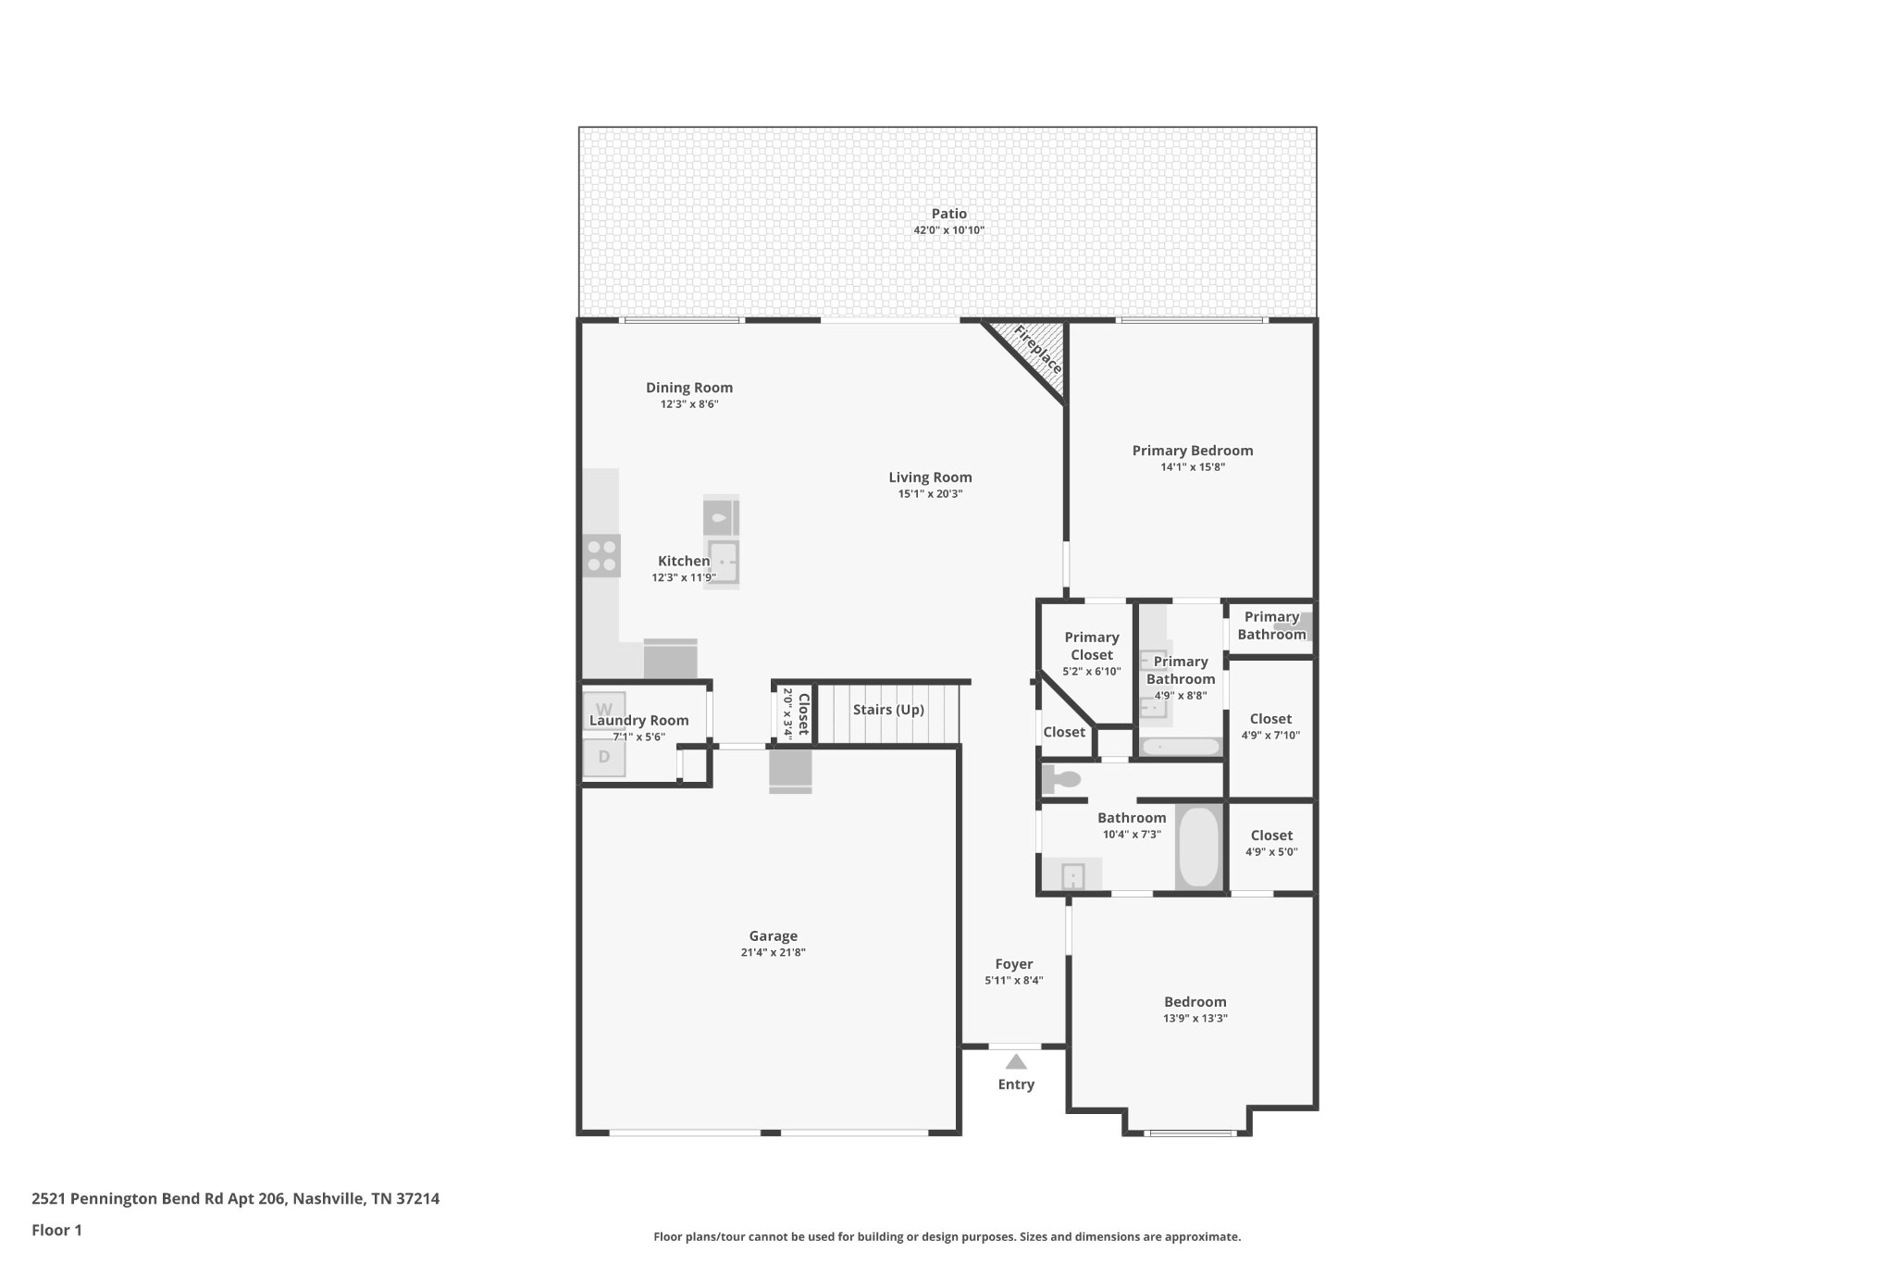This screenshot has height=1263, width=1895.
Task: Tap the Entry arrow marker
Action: click(1016, 1062)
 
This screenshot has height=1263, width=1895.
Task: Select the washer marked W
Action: click(603, 710)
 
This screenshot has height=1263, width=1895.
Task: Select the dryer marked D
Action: click(603, 757)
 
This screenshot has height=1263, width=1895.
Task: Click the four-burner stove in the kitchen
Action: click(601, 555)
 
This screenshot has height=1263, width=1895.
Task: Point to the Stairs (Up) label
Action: click(888, 710)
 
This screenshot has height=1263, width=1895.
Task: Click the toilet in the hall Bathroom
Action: click(1061, 779)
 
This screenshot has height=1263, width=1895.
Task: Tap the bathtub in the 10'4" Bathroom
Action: click(1199, 847)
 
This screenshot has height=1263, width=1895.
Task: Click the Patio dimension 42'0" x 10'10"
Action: click(948, 230)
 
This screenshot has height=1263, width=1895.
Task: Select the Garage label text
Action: click(773, 936)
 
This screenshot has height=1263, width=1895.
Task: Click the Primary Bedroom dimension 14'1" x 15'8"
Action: click(1193, 467)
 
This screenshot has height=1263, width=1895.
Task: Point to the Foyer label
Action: click(1014, 964)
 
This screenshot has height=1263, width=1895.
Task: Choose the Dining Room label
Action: click(689, 388)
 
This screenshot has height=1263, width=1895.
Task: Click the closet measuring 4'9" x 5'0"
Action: click(1271, 843)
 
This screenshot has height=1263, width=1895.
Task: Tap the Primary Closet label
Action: click(1092, 646)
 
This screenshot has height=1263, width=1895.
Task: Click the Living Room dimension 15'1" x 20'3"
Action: click(930, 494)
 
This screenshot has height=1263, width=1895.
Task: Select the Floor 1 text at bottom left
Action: click(56, 1231)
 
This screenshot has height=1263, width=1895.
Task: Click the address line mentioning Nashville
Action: click(235, 1199)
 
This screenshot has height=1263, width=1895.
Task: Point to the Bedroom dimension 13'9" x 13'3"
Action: click(1195, 1019)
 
